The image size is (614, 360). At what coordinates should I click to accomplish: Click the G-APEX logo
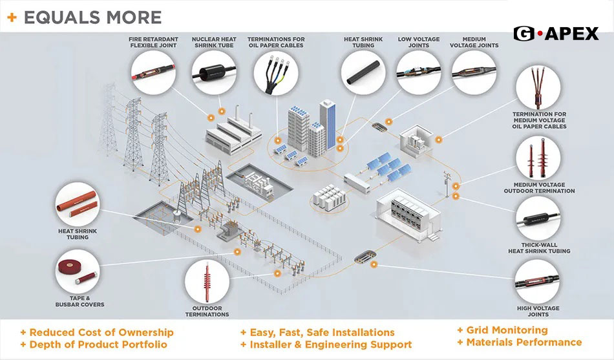coord(556,34)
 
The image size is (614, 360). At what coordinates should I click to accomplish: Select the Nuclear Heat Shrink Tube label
coord(215,43)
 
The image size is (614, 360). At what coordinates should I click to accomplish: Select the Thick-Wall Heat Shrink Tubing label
coord(539,248)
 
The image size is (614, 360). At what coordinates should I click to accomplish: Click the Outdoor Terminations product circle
coord(207,282)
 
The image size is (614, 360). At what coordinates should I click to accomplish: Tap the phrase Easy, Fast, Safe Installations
coord(321,332)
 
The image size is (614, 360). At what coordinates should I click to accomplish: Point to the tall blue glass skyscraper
coord(328,123)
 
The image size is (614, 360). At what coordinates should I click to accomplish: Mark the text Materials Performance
coord(524,343)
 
